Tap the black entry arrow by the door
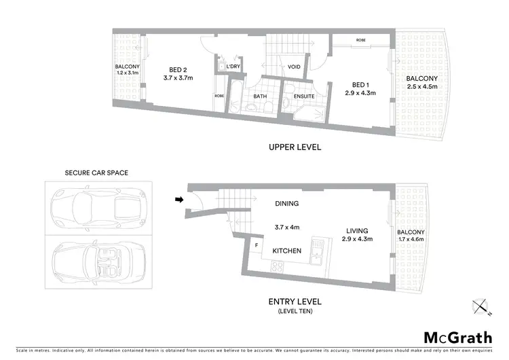click(178, 200)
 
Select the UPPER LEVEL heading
click(295, 147)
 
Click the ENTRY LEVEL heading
click(295, 301)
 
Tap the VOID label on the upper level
click(295, 67)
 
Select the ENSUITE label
click(303, 96)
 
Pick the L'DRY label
click(233, 66)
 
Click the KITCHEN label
click(287, 251)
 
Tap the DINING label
click(287, 203)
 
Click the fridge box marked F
click(257, 245)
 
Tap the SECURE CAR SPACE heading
click(96, 173)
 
